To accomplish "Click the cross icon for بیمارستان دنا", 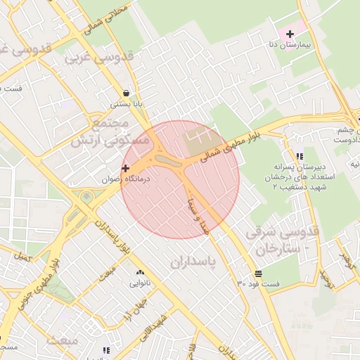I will tap(290, 34).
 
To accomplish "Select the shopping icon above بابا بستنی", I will tap(126, 92).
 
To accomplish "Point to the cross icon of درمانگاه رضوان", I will tap(125, 168).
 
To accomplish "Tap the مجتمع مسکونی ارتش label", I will tap(111, 132).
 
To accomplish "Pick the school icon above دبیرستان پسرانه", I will tap(300, 156).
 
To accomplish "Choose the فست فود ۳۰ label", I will tap(258, 285).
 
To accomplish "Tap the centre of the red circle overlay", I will tap(180, 179).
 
